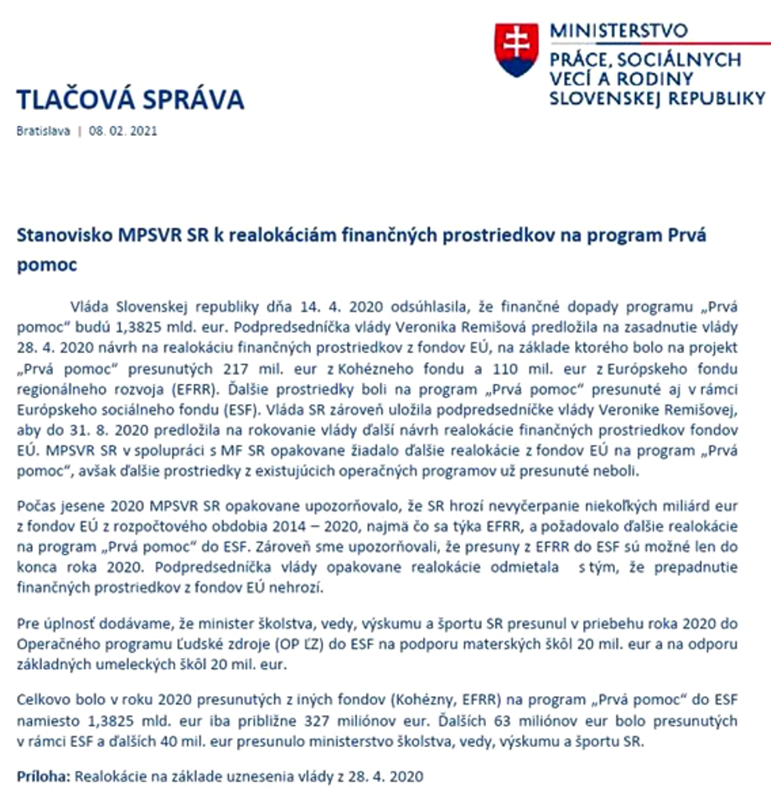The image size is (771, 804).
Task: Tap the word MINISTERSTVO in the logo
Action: tap(618, 31)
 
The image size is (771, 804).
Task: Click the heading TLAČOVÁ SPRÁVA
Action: tap(130, 100)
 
